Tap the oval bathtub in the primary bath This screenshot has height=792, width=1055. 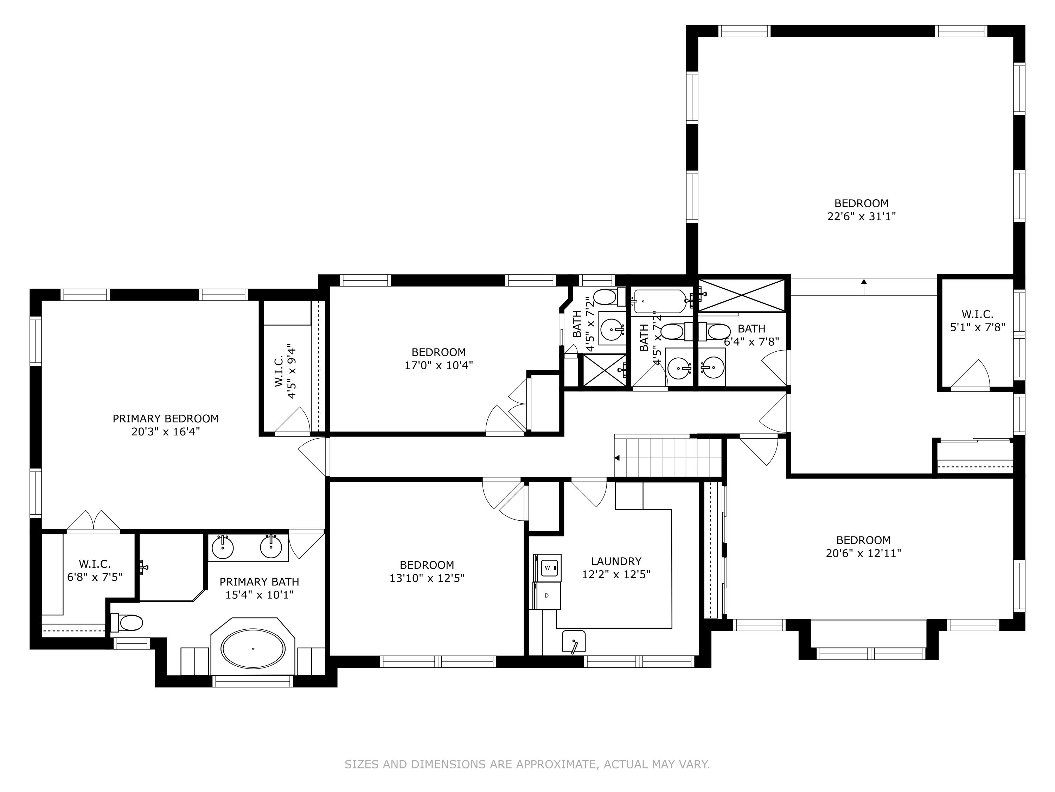253,649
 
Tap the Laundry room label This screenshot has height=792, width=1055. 616,561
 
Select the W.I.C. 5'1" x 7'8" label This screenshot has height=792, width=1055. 977,321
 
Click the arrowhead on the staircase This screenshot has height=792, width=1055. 617,458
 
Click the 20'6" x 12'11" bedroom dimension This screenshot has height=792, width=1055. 863,554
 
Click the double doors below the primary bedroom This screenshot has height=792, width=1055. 94,520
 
